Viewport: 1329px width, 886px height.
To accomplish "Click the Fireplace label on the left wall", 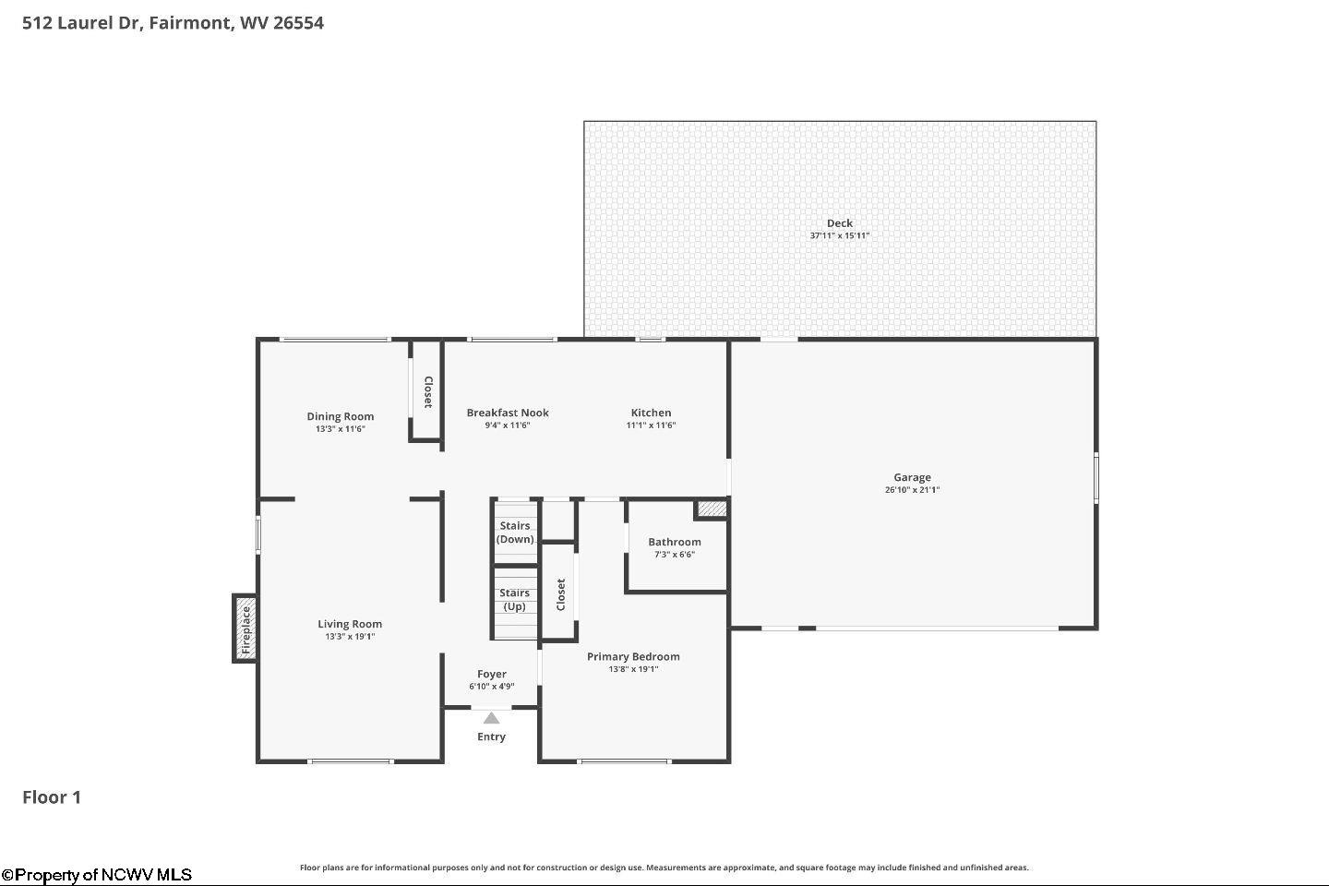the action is [x=245, y=629].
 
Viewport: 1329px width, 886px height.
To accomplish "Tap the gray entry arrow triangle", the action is [x=491, y=719].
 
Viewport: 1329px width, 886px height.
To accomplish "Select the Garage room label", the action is [x=912, y=477].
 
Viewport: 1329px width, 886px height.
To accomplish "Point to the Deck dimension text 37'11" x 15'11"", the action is [x=840, y=235].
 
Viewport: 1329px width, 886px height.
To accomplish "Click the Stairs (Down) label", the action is [x=515, y=533].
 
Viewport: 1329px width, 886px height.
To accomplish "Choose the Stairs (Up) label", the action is [x=514, y=599].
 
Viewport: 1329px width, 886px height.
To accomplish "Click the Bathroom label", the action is [x=675, y=542].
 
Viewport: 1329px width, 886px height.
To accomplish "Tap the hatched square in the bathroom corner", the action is [x=712, y=509].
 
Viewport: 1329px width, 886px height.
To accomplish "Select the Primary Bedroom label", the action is [x=633, y=657].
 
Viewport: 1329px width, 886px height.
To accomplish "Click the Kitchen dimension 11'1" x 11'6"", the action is [x=651, y=425].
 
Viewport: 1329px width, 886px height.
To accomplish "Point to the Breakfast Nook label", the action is [x=508, y=413].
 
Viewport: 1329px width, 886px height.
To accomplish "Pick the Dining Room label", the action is [x=340, y=416].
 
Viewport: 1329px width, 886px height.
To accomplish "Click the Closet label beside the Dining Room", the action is [x=428, y=391].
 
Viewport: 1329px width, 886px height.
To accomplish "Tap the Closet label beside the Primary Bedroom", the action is [x=561, y=594].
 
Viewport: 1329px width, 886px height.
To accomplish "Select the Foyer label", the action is [x=491, y=674].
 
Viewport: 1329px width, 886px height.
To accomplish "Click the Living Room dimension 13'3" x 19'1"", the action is [x=350, y=637].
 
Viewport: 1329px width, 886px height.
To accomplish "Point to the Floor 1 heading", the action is [x=52, y=797].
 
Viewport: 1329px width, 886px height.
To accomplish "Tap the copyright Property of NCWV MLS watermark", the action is [x=97, y=875].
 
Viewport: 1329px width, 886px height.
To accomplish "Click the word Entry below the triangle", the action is [x=491, y=737].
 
